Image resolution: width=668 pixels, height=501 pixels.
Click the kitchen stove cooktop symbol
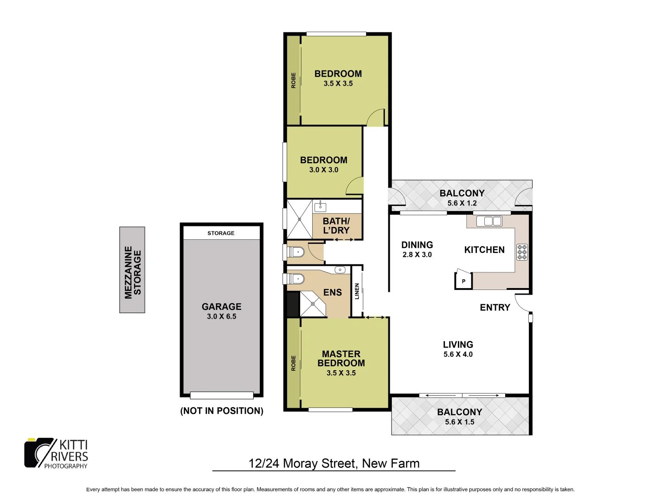[522, 252]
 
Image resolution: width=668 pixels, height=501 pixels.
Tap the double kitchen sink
[489, 221]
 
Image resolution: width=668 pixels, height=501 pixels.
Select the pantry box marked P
[463, 281]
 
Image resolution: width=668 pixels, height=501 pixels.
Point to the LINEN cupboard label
[357, 291]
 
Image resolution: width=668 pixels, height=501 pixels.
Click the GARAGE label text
[221, 307]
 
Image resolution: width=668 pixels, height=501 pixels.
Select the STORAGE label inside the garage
[221, 233]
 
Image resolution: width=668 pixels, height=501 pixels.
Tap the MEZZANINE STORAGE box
[132, 270]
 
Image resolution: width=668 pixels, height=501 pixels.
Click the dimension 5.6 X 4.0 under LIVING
[458, 354]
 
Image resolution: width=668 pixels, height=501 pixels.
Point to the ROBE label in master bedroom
[293, 363]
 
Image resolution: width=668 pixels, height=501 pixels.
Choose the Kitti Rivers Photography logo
[56, 453]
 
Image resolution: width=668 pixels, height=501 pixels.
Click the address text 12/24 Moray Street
[334, 463]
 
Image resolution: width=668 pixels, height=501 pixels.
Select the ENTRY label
[495, 308]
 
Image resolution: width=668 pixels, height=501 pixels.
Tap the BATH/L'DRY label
[336, 226]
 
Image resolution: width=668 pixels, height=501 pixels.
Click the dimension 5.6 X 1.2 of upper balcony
[462, 203]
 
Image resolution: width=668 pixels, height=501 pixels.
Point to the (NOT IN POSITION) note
[222, 411]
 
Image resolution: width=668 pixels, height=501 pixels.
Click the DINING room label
[417, 245]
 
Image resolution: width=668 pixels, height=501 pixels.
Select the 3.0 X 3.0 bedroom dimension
[324, 170]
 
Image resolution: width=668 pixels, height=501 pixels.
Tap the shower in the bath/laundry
[299, 219]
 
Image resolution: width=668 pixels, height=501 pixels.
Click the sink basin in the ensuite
[340, 270]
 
